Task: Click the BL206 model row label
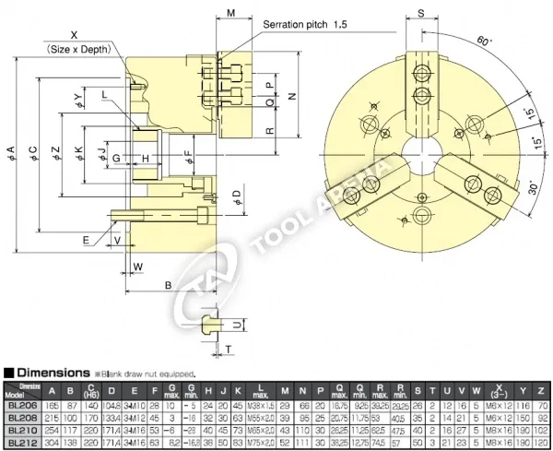coord(20,405)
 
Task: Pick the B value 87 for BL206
coord(71,405)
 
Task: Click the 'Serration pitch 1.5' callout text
coord(305,23)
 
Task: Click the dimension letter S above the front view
coord(419,13)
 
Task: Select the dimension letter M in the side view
coord(230,13)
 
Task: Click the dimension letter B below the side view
coord(169,284)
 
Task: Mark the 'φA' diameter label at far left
coord(11,149)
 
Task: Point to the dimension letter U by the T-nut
coord(237,325)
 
